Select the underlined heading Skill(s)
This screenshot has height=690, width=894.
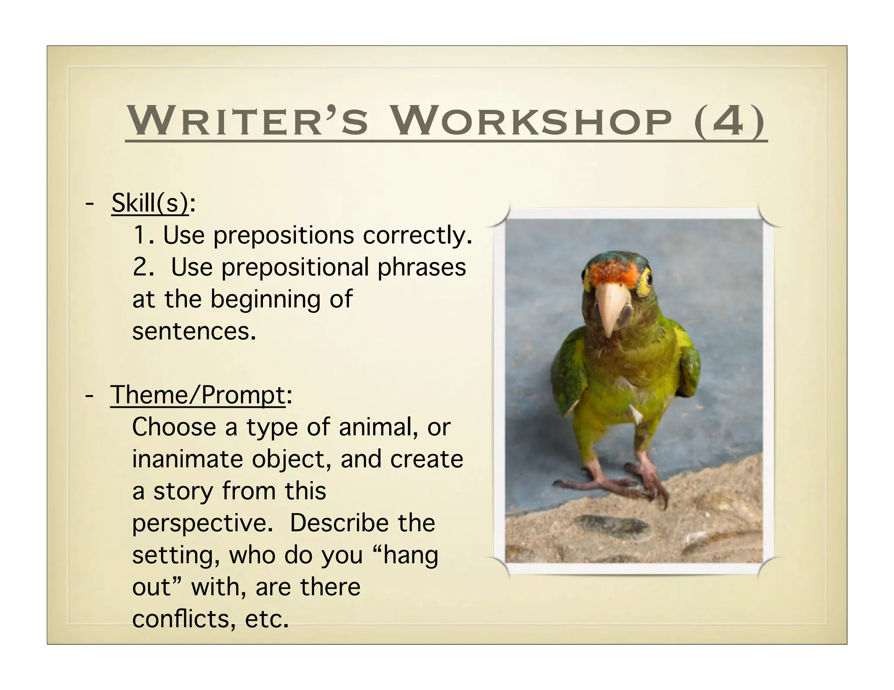tap(150, 203)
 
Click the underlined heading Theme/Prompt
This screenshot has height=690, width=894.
tap(197, 395)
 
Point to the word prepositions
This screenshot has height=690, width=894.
tap(284, 236)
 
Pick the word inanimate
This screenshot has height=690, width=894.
tap(188, 459)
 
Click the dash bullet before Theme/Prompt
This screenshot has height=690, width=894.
tap(89, 395)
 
